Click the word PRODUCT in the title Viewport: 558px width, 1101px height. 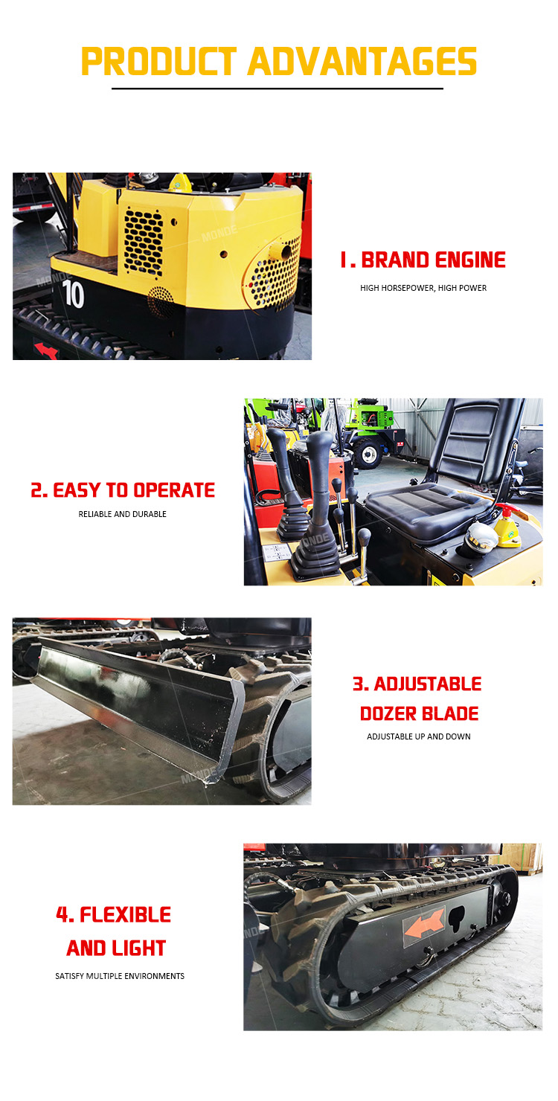coord(158,62)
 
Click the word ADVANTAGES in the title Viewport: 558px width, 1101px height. coord(362,62)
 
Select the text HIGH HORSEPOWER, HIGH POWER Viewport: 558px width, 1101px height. coord(423,288)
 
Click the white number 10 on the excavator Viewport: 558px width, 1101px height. coord(73,294)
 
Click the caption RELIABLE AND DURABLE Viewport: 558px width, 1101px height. coord(123,514)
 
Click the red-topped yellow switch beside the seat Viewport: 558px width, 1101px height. coord(507,525)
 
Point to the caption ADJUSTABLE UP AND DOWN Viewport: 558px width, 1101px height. coord(419,736)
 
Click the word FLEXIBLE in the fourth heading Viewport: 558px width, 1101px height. coord(126,915)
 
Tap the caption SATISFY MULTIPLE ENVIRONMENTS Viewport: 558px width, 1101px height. coord(120,976)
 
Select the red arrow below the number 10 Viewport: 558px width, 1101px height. coord(46,350)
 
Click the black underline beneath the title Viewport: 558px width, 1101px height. coord(278,89)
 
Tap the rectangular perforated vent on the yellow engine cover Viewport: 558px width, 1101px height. coord(143,242)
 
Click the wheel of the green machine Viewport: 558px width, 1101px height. coord(368,454)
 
